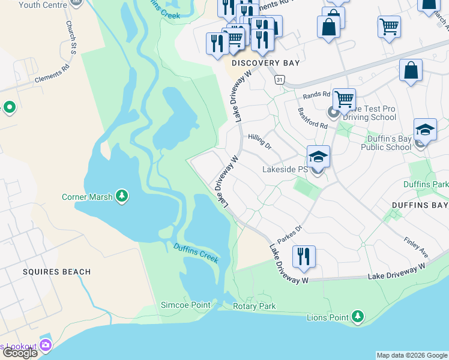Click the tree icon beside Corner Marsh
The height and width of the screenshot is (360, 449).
pyautogui.click(x=122, y=196)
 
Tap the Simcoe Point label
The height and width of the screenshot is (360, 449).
pyautogui.click(x=185, y=305)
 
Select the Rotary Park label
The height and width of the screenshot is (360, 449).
pyautogui.click(x=254, y=307)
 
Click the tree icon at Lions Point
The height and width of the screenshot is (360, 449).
pyautogui.click(x=358, y=315)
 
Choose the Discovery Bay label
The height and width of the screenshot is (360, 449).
pyautogui.click(x=265, y=63)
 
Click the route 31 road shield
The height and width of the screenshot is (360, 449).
pyautogui.click(x=279, y=79)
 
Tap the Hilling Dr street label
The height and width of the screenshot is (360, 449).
pyautogui.click(x=260, y=141)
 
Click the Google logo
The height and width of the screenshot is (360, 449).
pyautogui.click(x=20, y=353)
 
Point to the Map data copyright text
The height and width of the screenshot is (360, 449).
pyautogui.click(x=412, y=355)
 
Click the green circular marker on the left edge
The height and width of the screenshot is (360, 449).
pyautogui.click(x=9, y=107)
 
